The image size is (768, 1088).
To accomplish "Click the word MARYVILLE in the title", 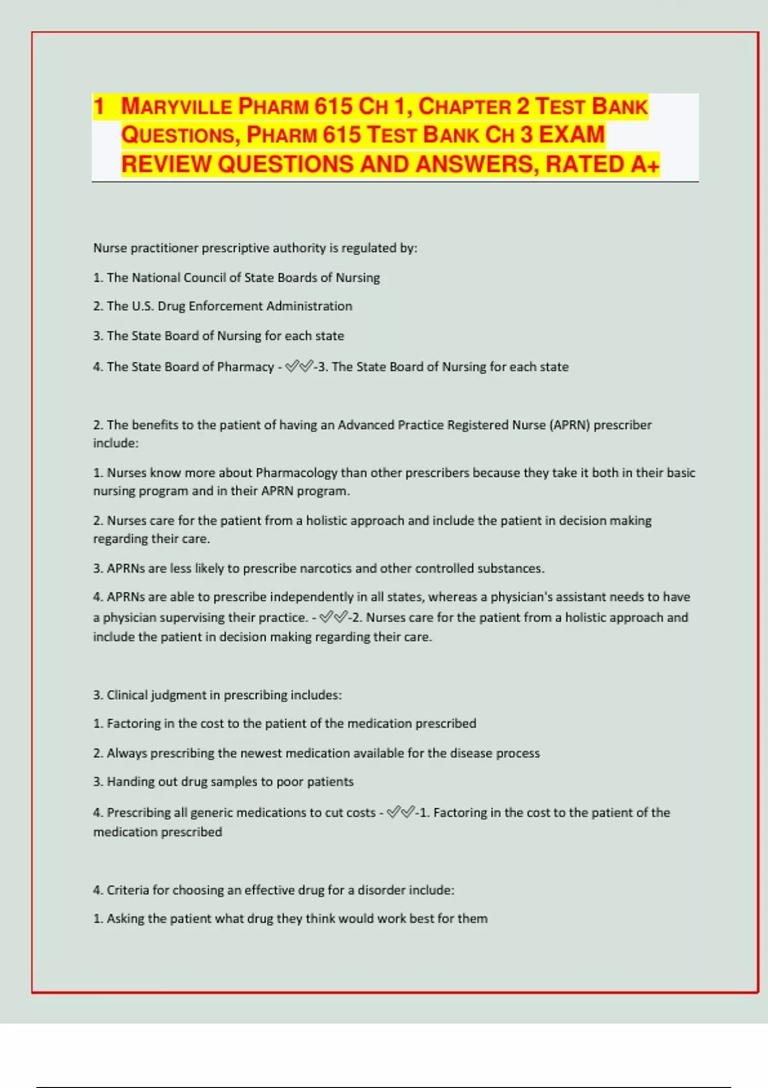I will point(177,106).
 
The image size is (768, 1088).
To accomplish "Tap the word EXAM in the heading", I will point(572,135).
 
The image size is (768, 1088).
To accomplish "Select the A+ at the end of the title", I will point(644,164).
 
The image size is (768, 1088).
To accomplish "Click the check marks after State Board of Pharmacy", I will point(299,367).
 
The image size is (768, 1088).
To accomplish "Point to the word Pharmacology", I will point(296,473).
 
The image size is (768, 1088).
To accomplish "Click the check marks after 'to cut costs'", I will point(401,813).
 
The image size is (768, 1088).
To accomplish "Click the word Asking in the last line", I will point(125,919).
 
